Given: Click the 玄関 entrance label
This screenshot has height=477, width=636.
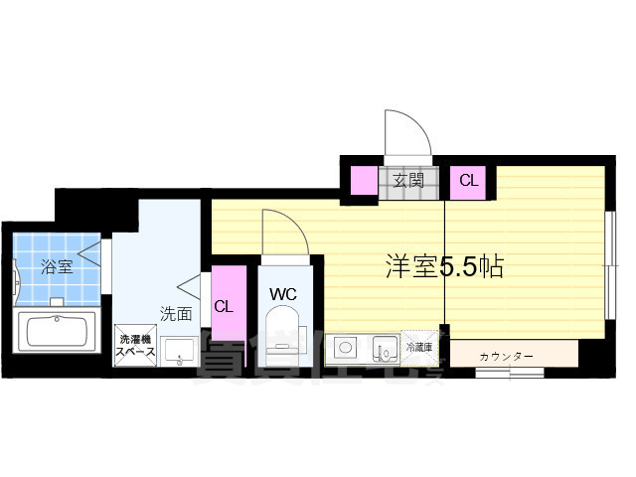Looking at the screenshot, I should [x=407, y=180].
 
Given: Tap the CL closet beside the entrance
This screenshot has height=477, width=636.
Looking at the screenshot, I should [x=468, y=181].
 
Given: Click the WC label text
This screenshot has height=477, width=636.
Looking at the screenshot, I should [x=283, y=294].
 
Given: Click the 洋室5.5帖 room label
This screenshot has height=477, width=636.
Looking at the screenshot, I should [x=443, y=265].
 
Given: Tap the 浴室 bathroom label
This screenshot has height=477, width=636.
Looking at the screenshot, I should [x=56, y=266].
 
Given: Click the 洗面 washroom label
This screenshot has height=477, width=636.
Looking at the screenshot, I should [x=176, y=314].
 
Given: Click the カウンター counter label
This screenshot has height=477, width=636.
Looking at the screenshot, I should [x=506, y=356].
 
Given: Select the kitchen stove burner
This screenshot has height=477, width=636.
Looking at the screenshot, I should [x=347, y=348].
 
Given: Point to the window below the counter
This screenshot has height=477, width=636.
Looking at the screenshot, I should [x=508, y=373].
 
